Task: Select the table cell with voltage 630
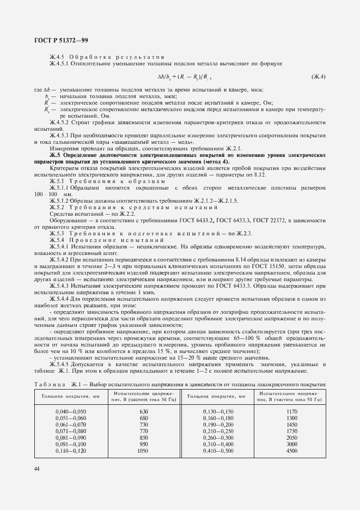click(144, 410)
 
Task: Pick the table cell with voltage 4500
click(291, 450)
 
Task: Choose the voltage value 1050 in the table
click(143, 450)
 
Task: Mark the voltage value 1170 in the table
click(291, 410)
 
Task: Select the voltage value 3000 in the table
click(291, 444)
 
